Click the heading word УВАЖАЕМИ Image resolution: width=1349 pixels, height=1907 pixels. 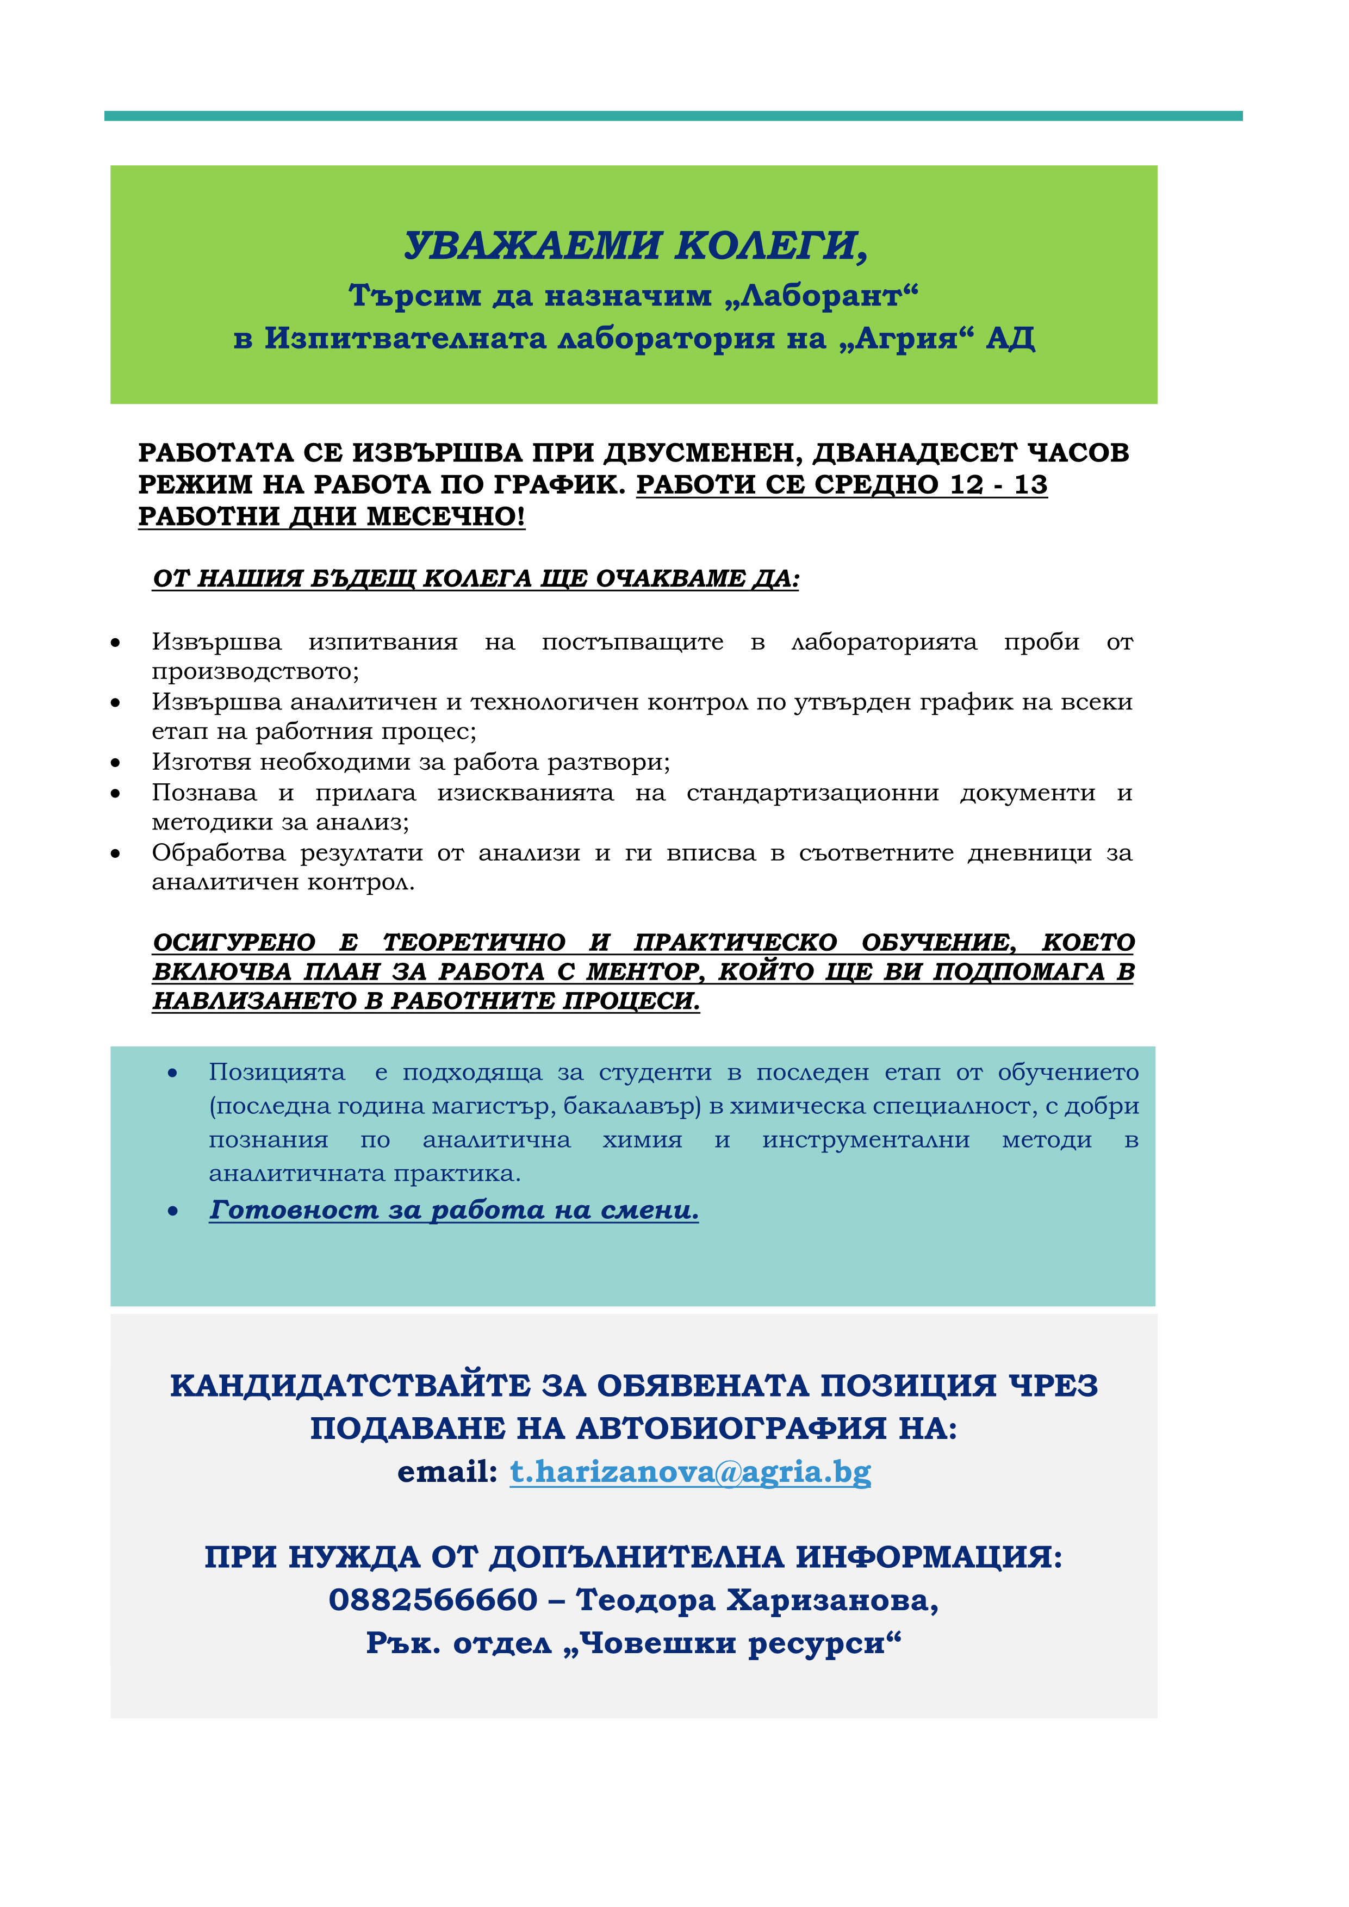532,245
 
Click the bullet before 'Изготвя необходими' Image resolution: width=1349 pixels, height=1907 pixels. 115,763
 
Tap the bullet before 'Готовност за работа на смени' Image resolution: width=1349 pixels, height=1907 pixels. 173,1212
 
